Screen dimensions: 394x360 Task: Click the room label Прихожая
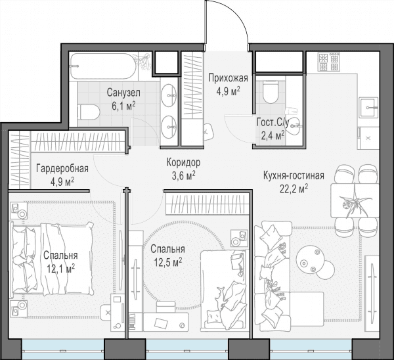point(228,78)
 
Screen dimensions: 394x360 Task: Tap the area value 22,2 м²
point(294,188)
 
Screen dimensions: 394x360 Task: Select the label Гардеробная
point(62,168)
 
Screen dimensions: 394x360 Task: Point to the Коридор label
point(183,163)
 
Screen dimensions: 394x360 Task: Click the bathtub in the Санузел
point(104,66)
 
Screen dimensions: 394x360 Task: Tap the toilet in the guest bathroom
point(271,92)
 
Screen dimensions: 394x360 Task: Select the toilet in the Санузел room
point(89,112)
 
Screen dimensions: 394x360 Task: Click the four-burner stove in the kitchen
point(329,62)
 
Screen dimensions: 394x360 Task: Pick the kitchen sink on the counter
point(368,107)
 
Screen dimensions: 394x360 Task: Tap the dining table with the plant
point(355,200)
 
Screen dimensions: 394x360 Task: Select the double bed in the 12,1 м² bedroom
point(51,259)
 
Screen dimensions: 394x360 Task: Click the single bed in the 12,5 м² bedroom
point(223,290)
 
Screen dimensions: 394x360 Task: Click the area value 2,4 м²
point(273,136)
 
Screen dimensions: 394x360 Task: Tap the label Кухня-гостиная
point(294,175)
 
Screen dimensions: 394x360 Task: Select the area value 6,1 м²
point(123,106)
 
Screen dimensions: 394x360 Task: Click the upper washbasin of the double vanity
point(169,95)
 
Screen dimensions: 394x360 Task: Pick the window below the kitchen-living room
point(311,349)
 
